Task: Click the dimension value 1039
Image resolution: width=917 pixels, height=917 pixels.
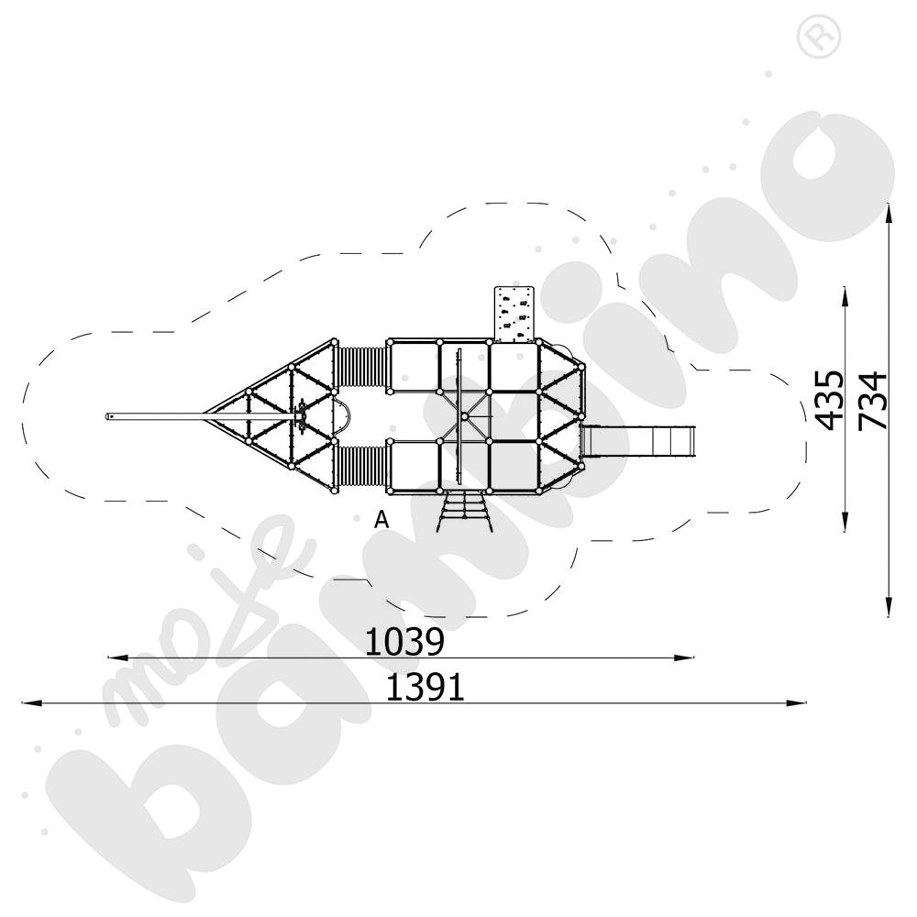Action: pyautogui.click(x=404, y=642)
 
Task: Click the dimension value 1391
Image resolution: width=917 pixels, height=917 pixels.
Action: pyautogui.click(x=425, y=687)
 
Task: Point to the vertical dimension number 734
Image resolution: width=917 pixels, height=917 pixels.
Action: pyautogui.click(x=873, y=401)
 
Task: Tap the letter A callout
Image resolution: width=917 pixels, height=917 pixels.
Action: pyautogui.click(x=381, y=519)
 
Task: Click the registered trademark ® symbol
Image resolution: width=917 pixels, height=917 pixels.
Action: pyautogui.click(x=819, y=37)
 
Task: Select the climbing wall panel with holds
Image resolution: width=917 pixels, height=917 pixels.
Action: pyautogui.click(x=514, y=314)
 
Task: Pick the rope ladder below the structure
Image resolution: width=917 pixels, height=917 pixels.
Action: pyautogui.click(x=462, y=511)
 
